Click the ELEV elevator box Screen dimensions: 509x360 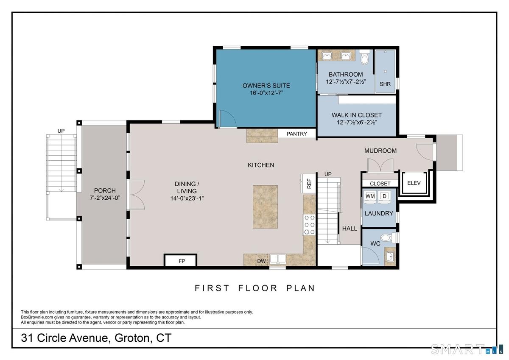[x=414, y=183]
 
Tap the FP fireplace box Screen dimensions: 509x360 [x=180, y=260]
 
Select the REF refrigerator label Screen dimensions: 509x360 [x=309, y=184]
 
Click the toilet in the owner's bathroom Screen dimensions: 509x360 [x=364, y=57]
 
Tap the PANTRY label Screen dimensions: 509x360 [x=296, y=134]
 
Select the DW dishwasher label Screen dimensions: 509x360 [x=261, y=261]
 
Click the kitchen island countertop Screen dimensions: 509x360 [x=265, y=207]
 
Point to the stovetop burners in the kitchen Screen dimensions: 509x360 [x=309, y=225]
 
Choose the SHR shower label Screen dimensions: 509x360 [x=385, y=84]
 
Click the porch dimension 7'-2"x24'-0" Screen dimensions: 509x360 [x=105, y=198]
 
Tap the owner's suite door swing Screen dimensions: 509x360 [x=228, y=119]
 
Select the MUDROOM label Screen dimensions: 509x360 [x=380, y=151]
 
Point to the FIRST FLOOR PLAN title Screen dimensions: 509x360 [x=255, y=288]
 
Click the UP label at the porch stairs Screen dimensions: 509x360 [x=61, y=131]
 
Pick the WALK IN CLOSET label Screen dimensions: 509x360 [x=357, y=115]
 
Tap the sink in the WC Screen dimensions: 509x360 [x=390, y=257]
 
